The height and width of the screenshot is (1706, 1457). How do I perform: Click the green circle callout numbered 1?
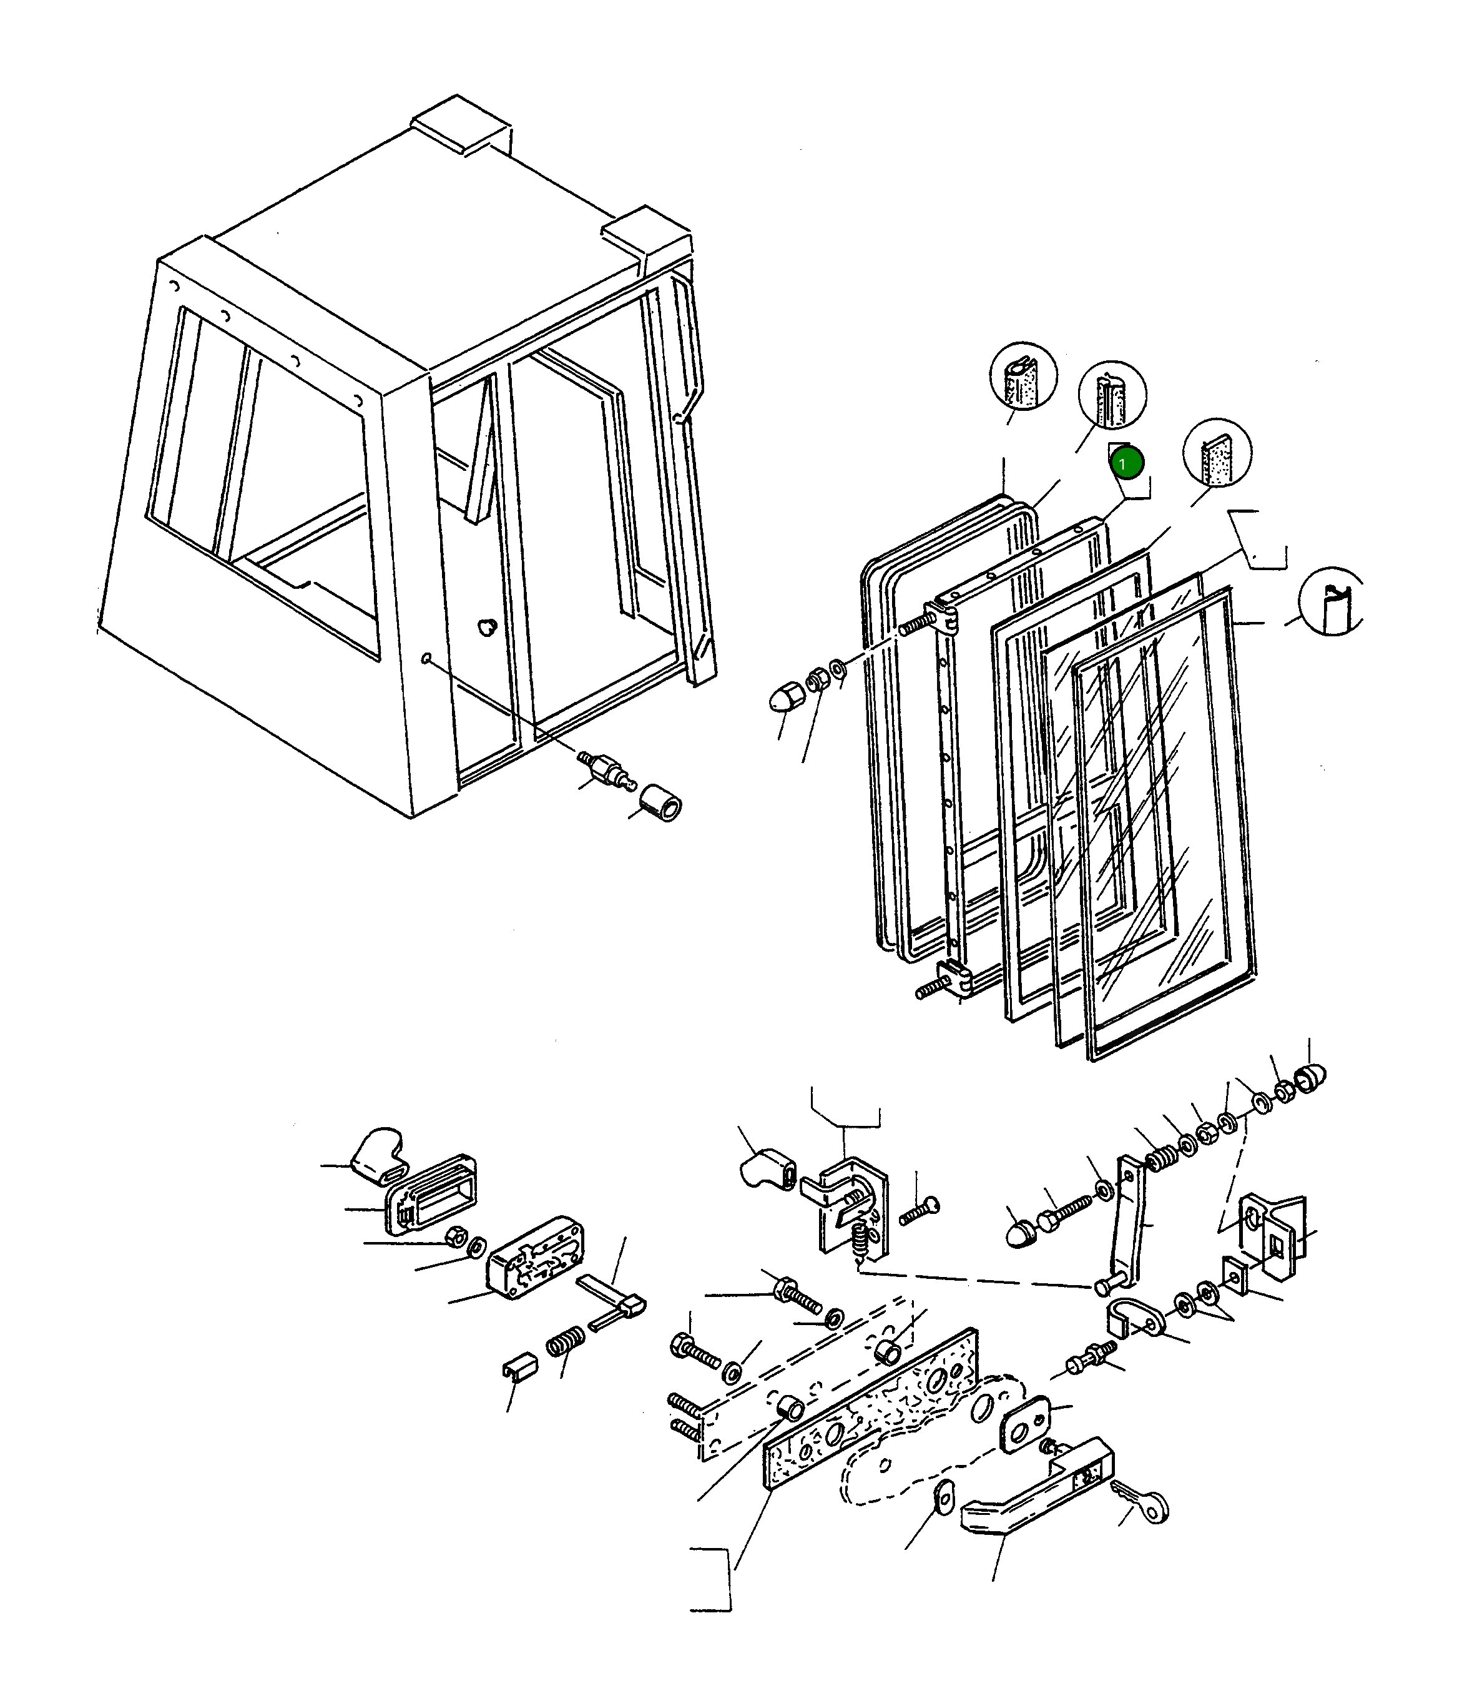[x=1126, y=463]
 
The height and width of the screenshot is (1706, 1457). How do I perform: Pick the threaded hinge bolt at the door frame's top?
[x=917, y=625]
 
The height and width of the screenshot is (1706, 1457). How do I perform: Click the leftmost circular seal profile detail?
[x=1023, y=375]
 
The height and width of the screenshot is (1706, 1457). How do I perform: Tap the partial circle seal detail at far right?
[x=1331, y=601]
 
